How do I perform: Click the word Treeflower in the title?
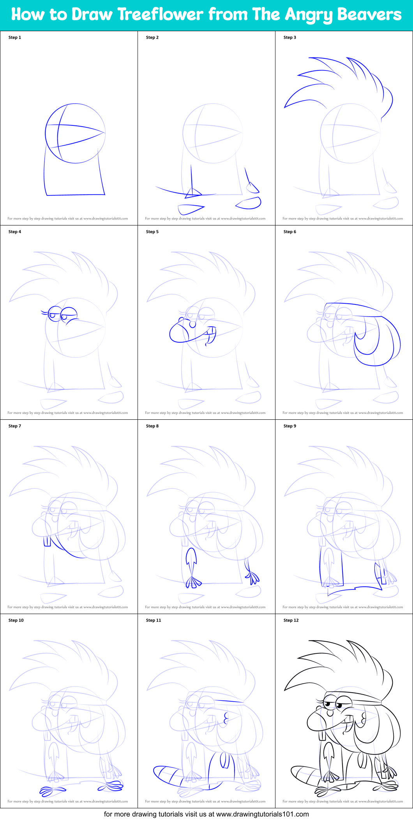click(x=160, y=15)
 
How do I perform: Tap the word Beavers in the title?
click(x=369, y=15)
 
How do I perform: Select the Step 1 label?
click(x=15, y=37)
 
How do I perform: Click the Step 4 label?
click(x=15, y=232)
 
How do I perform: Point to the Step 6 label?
click(x=290, y=232)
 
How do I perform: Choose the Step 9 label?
click(x=290, y=426)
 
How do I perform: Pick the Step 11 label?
click(x=154, y=620)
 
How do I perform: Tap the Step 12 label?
click(x=291, y=620)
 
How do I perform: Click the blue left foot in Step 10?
click(x=52, y=790)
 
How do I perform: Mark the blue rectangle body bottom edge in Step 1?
click(x=76, y=195)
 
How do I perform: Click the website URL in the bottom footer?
click(x=262, y=814)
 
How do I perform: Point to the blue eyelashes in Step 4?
click(x=44, y=312)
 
